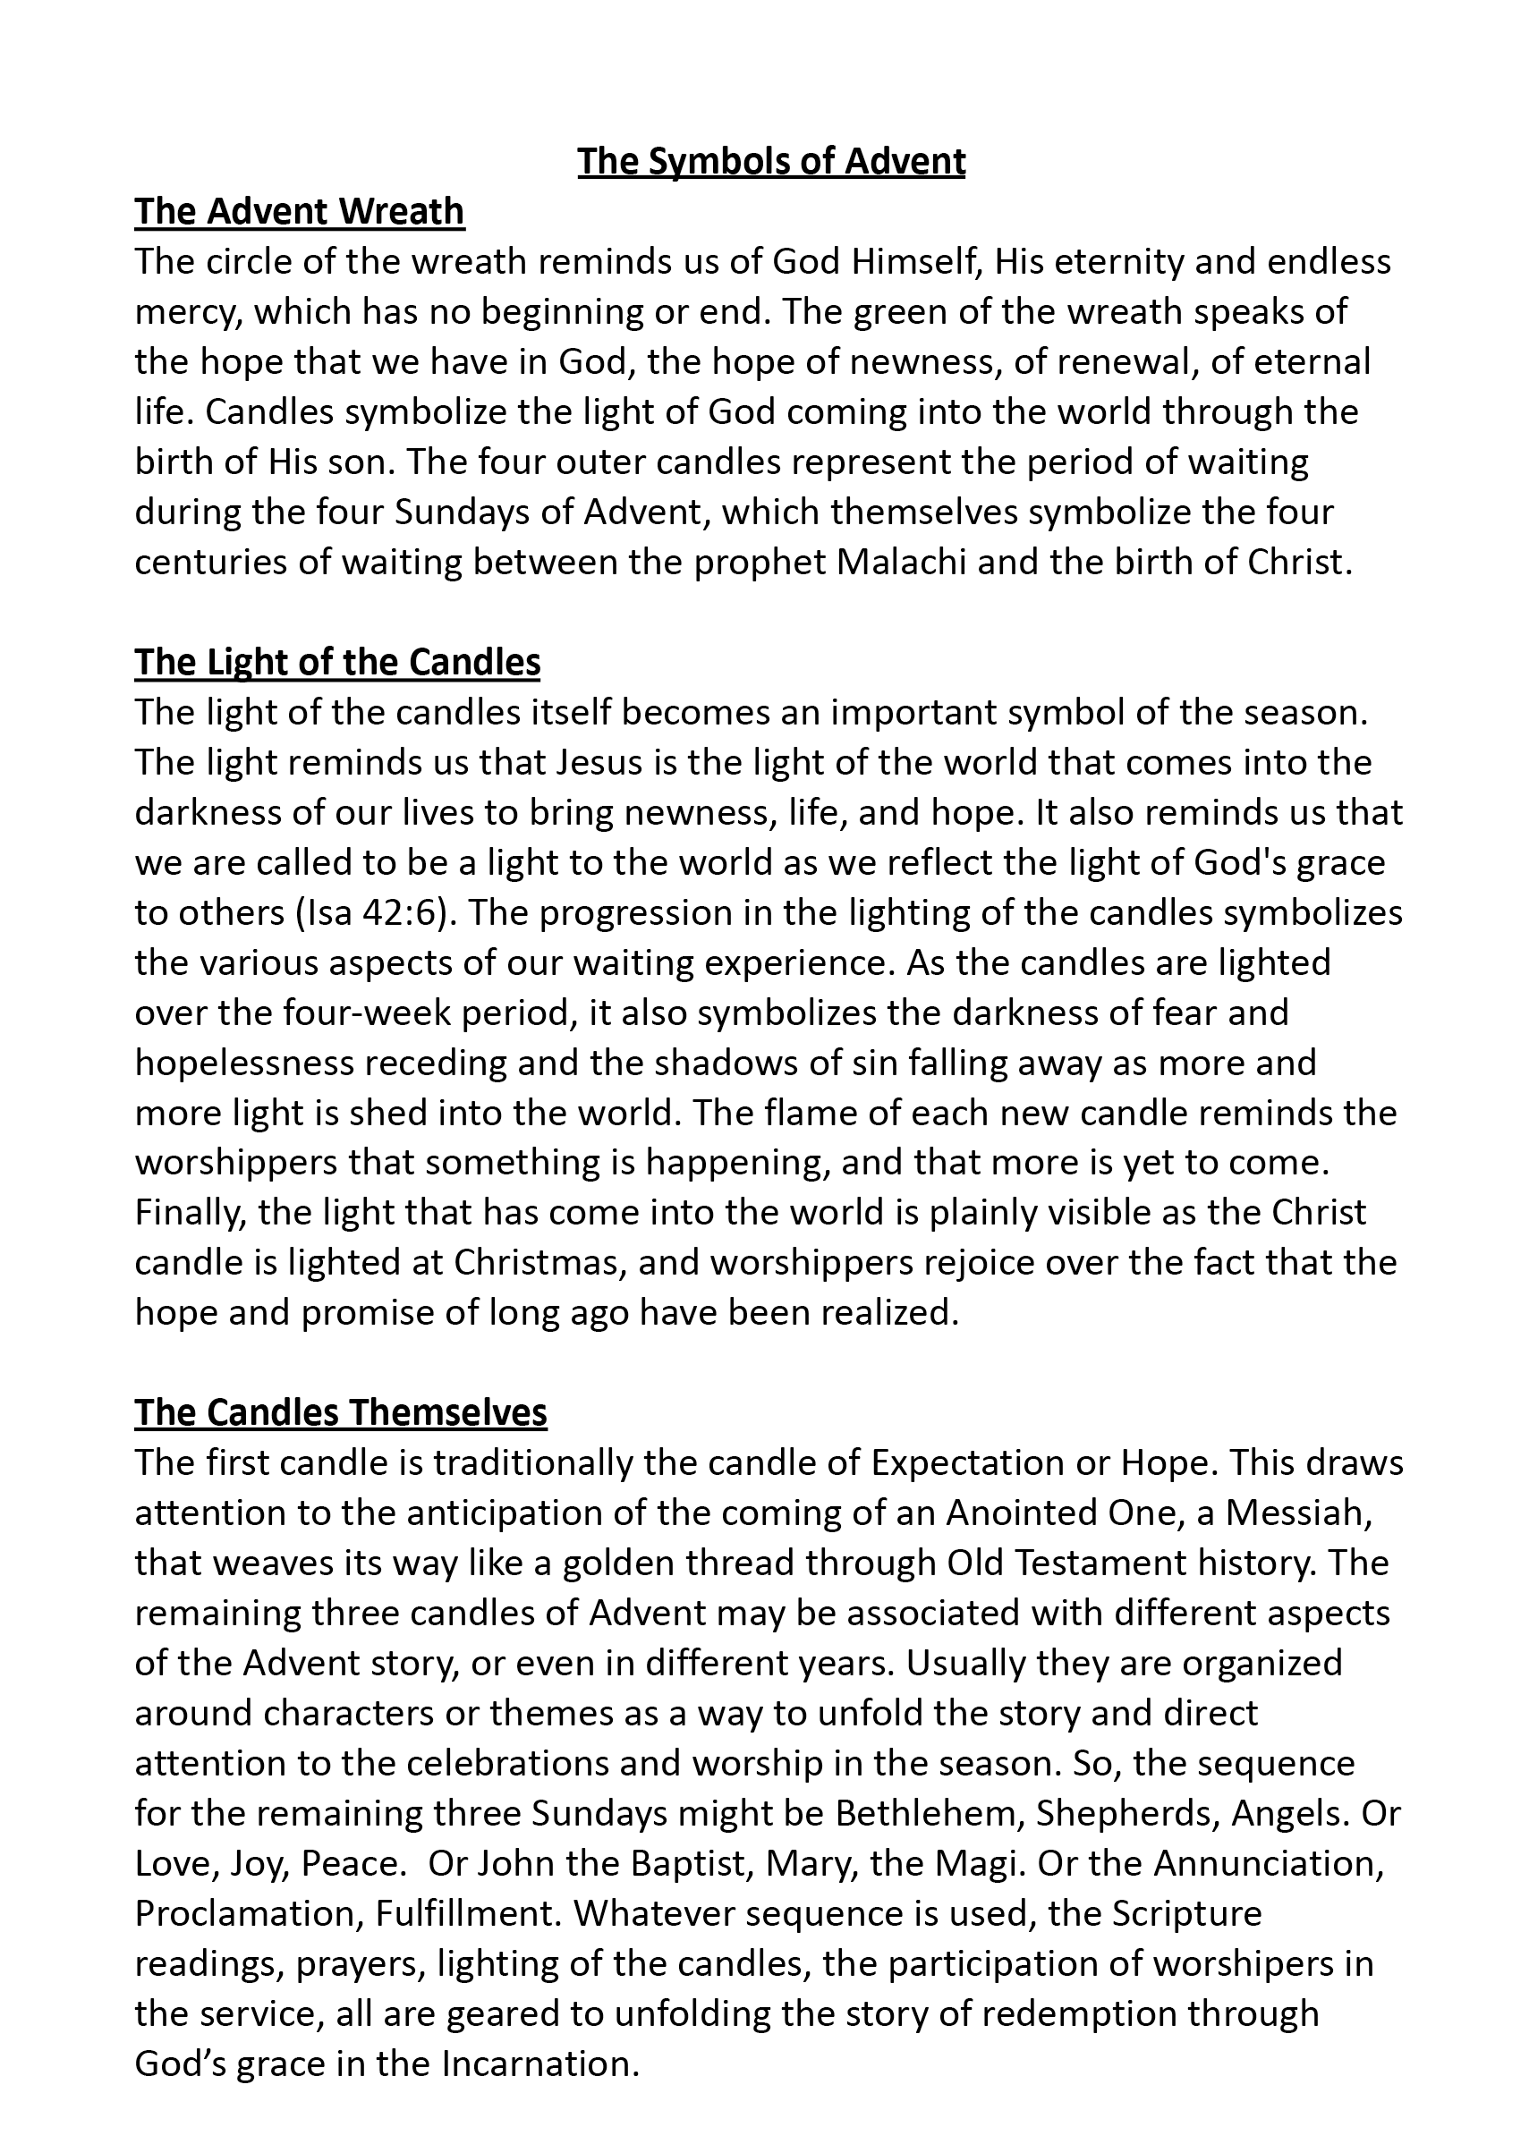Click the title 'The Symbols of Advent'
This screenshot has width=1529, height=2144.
point(771,162)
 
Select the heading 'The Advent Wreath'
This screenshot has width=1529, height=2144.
point(300,212)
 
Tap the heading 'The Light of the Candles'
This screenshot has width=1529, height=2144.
point(337,663)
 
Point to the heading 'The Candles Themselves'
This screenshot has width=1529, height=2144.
point(341,1412)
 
